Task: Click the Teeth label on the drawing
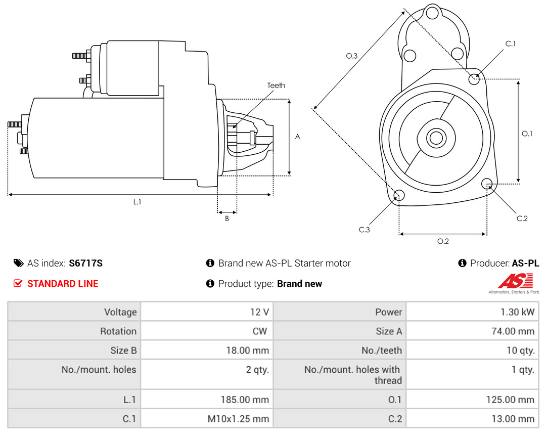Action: pyautogui.click(x=276, y=85)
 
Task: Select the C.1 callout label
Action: pyautogui.click(x=510, y=43)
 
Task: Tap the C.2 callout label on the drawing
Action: pyautogui.click(x=522, y=219)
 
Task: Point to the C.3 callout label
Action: pyautogui.click(x=364, y=230)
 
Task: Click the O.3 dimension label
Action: pyautogui.click(x=351, y=56)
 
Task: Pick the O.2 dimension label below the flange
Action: pyautogui.click(x=443, y=241)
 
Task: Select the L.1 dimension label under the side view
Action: pyautogui.click(x=137, y=202)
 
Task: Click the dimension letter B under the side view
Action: pyautogui.click(x=227, y=219)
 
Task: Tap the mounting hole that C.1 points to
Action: pyautogui.click(x=474, y=79)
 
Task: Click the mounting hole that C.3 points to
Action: pyautogui.click(x=399, y=196)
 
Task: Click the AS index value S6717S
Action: pyautogui.click(x=85, y=263)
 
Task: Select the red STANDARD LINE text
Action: pyautogui.click(x=63, y=284)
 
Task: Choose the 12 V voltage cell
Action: pyautogui.click(x=259, y=312)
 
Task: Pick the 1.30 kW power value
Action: pyautogui.click(x=517, y=312)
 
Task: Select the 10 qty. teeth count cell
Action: pyautogui.click(x=520, y=351)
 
